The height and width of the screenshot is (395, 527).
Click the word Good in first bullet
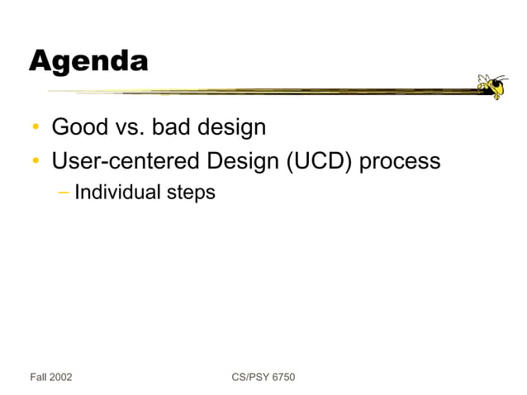pos(78,128)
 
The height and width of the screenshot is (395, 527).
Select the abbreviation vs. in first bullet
pos(129,128)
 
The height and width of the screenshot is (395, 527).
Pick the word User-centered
pos(125,160)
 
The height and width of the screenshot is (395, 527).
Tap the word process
pos(401,160)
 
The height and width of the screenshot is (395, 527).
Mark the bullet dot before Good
pos(36,129)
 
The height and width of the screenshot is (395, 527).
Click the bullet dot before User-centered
pos(36,161)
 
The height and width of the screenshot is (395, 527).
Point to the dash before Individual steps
pos(64,193)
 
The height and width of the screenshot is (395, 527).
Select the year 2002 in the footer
pos(61,378)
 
